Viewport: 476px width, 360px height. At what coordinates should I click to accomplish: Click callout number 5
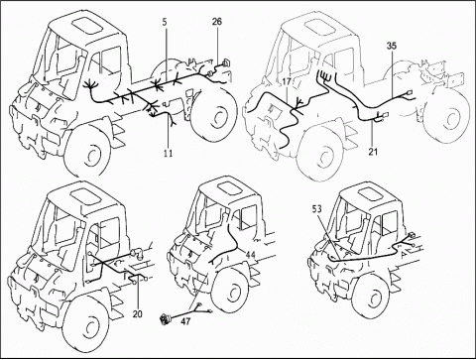point(165,22)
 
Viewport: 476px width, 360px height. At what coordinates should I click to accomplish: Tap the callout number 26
point(217,22)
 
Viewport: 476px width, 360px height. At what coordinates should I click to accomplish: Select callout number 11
point(168,153)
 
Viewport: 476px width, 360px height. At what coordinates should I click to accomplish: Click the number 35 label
point(392,46)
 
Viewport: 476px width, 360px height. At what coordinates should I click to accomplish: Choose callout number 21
point(373,152)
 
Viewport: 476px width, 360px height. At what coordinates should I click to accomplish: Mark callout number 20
point(137,313)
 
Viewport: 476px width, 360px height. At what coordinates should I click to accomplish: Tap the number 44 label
point(250,255)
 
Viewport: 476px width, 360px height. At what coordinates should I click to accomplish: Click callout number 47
point(186,320)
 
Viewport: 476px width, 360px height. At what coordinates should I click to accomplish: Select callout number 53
point(316,208)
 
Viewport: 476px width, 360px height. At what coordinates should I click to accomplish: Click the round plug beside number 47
point(165,319)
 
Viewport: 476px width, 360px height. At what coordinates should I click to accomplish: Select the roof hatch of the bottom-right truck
point(370,196)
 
